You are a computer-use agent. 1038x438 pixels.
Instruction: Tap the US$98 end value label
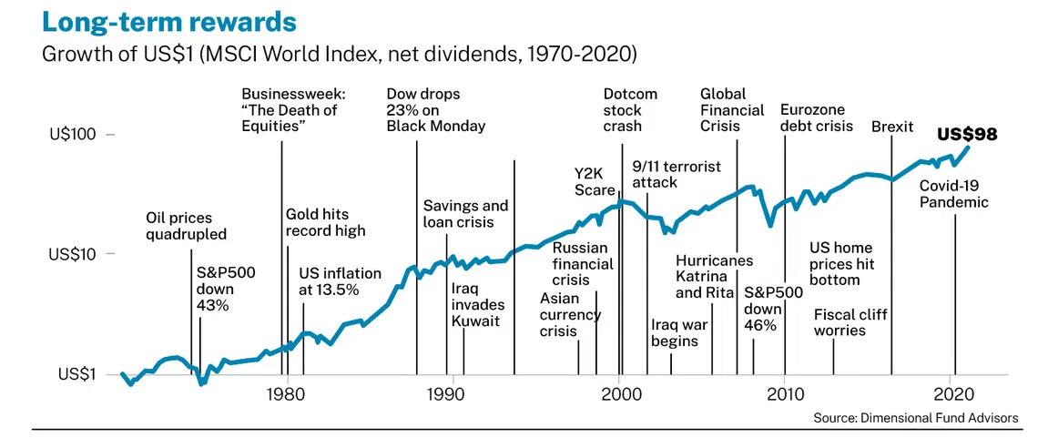tap(967, 135)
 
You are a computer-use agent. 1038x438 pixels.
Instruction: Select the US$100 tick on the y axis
tap(74, 135)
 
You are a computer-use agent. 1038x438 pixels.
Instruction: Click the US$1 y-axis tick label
tap(78, 374)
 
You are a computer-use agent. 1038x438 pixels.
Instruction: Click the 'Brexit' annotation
tap(892, 127)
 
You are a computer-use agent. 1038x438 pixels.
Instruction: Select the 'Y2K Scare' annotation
tap(595, 180)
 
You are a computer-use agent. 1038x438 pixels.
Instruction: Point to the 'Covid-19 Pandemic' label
tap(953, 194)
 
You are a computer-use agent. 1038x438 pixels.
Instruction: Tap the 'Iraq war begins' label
tap(675, 333)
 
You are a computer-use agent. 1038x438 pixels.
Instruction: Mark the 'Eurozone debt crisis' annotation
tap(817, 118)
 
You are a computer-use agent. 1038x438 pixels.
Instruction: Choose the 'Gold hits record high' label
tap(325, 222)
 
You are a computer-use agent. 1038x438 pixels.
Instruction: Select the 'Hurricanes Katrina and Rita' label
tap(714, 277)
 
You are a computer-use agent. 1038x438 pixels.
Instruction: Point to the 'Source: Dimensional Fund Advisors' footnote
tap(916, 418)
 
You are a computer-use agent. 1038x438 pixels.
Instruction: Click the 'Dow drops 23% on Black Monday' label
tap(435, 110)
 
